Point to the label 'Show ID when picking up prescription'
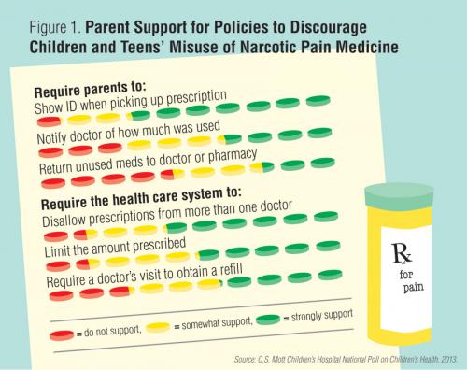click(x=132, y=103)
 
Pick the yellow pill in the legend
click(x=158, y=327)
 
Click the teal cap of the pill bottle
click(x=404, y=197)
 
